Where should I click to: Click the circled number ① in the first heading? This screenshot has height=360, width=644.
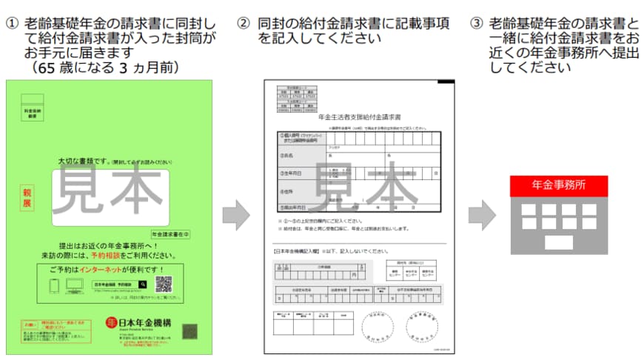(x=10, y=23)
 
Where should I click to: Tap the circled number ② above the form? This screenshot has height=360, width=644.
(x=244, y=23)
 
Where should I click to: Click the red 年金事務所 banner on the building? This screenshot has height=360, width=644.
(x=559, y=185)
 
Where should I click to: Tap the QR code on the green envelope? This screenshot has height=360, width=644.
(x=164, y=284)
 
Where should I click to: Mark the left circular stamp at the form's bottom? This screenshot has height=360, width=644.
(x=378, y=325)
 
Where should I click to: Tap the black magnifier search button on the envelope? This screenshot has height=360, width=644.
(x=143, y=284)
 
